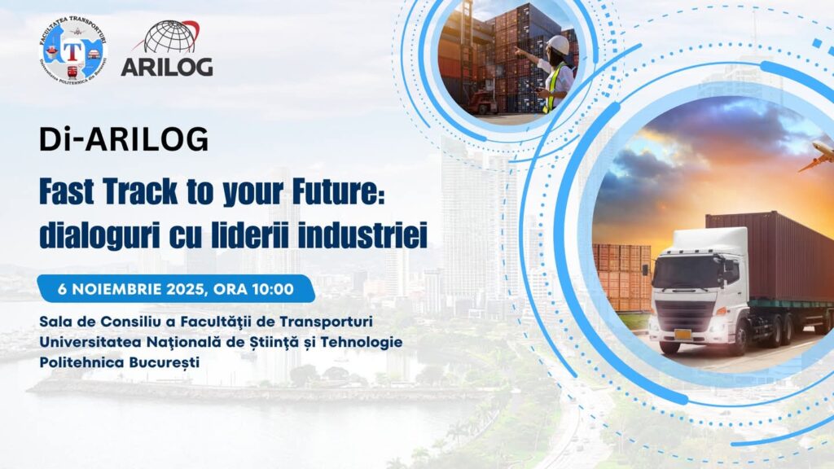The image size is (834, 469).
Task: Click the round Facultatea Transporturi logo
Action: (73, 50)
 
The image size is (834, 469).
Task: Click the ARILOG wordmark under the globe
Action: (167, 66)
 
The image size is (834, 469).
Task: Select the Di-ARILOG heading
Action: (124, 139)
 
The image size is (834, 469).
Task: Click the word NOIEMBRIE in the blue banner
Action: (116, 289)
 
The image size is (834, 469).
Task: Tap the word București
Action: (165, 362)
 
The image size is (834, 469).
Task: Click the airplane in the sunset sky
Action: (817, 157)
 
